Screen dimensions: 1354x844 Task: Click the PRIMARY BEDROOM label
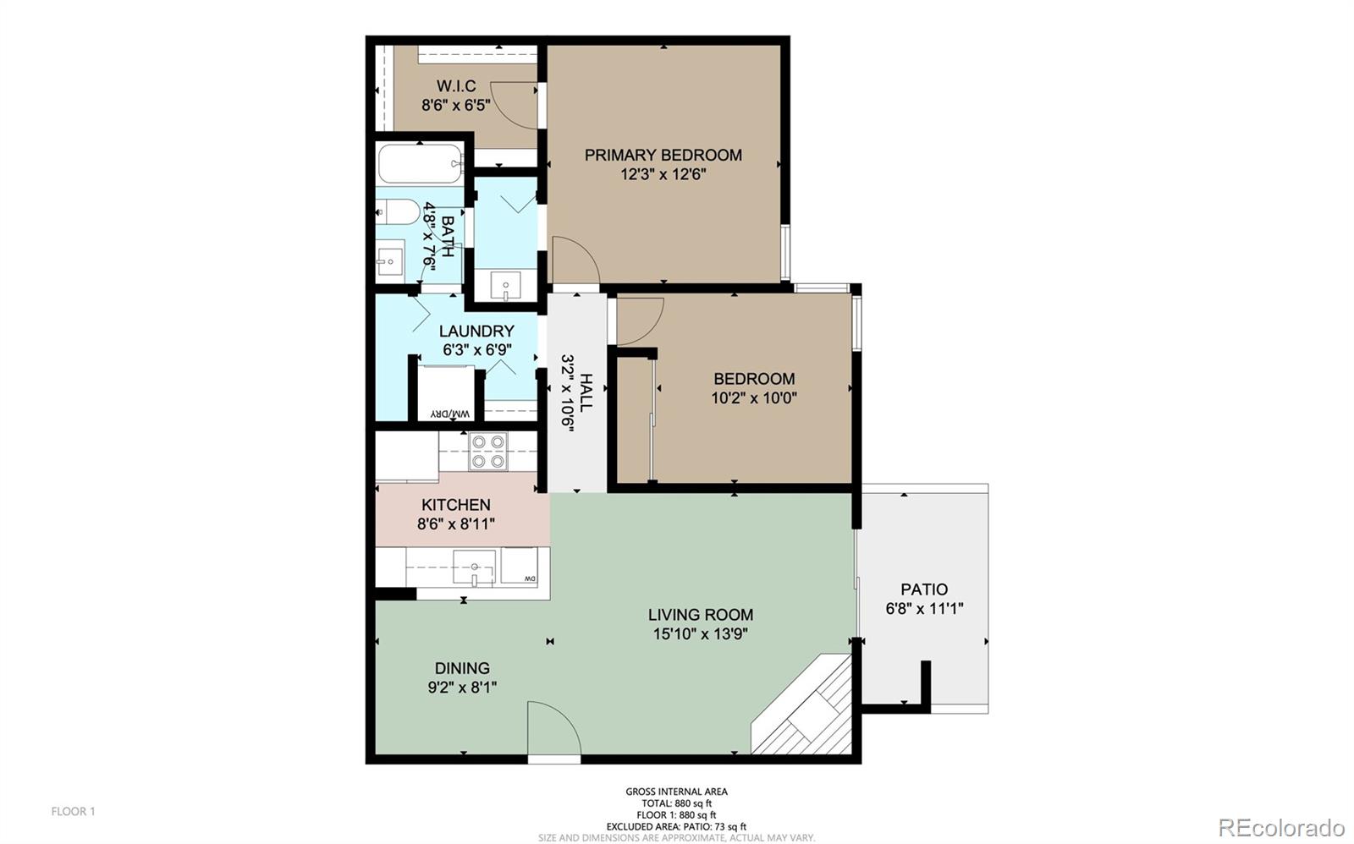click(663, 156)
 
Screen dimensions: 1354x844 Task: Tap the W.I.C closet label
click(456, 85)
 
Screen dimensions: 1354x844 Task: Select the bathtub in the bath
click(421, 163)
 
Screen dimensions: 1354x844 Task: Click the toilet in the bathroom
click(398, 212)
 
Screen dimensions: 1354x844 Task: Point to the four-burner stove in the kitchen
click(488, 452)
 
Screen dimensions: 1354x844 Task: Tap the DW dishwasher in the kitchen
click(519, 566)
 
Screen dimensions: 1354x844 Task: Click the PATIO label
click(924, 589)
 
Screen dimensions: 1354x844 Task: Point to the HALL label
click(586, 393)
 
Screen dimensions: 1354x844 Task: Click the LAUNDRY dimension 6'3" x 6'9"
click(477, 350)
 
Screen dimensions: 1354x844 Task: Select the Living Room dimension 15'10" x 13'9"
click(701, 633)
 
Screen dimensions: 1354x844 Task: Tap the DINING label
click(462, 668)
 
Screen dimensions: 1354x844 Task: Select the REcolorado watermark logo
click(1281, 827)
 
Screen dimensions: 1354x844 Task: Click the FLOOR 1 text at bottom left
click(73, 811)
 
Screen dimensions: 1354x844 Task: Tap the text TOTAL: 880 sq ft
click(676, 803)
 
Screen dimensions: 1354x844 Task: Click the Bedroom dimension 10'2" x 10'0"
click(754, 398)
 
